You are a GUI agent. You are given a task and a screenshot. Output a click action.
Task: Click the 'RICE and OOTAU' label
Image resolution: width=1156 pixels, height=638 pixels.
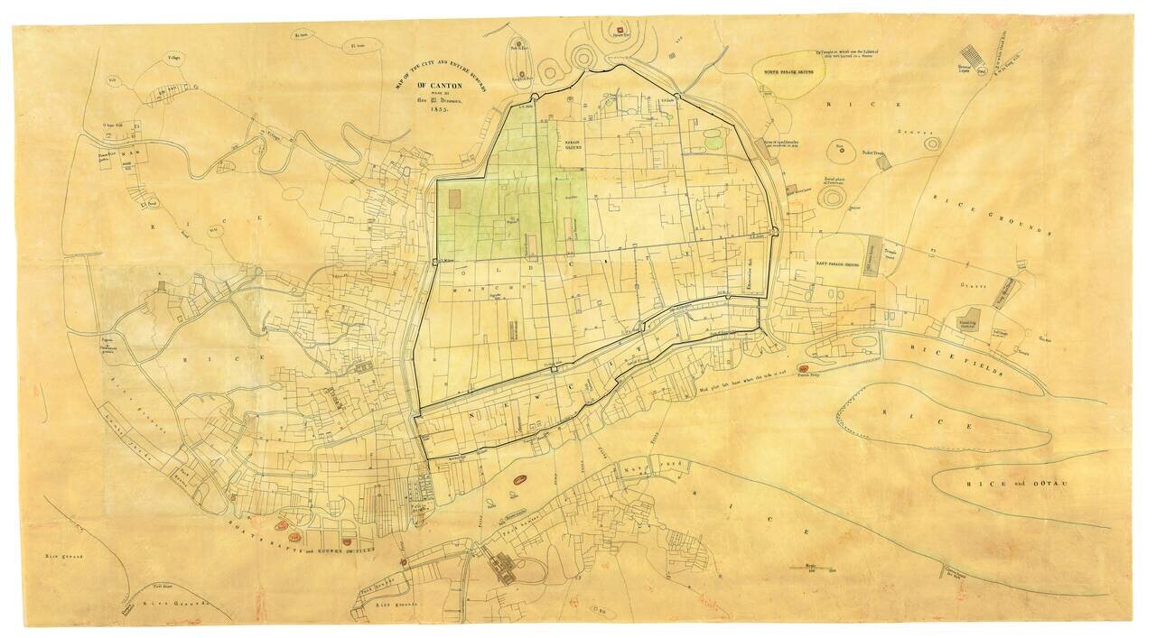pyautogui.click(x=1018, y=485)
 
